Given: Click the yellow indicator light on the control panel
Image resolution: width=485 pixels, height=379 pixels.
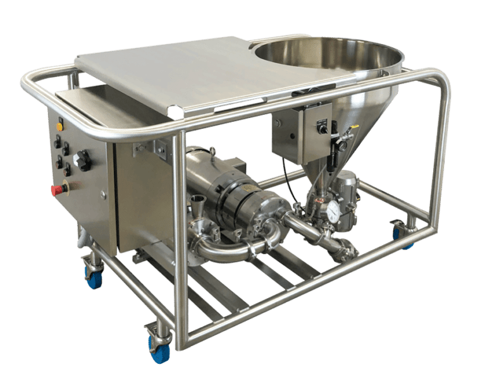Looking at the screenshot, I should [x=60, y=127].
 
